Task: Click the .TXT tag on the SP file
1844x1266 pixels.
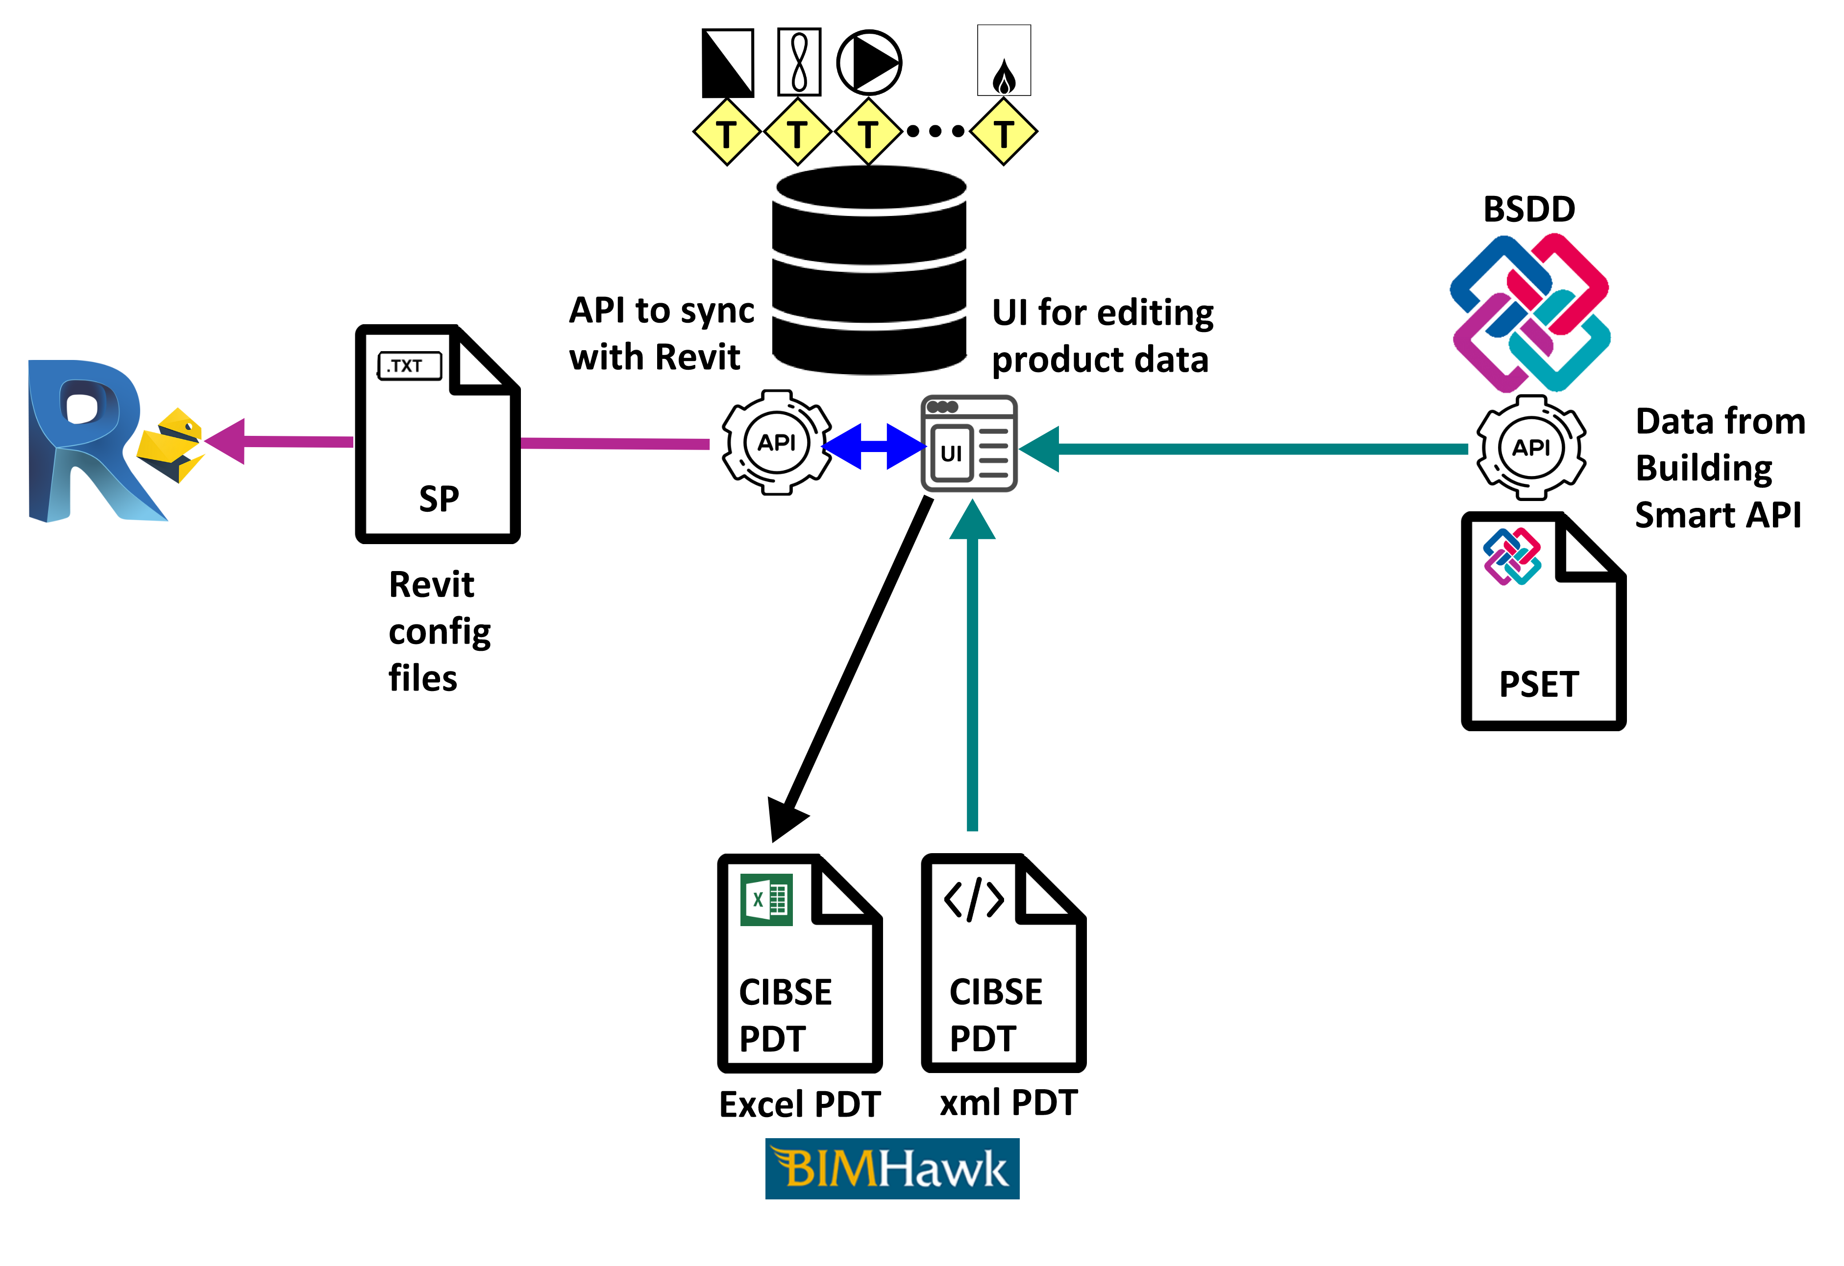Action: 409,366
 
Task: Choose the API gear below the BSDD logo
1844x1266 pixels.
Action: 1530,447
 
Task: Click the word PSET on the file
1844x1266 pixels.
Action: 1539,684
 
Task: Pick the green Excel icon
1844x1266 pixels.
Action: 766,900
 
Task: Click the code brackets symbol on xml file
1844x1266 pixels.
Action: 974,900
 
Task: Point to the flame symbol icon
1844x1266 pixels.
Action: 1004,77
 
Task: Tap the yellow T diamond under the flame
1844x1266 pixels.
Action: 1004,132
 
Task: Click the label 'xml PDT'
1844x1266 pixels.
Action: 1008,1102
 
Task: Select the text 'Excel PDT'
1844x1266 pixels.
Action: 799,1103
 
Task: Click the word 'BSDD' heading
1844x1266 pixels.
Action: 1528,210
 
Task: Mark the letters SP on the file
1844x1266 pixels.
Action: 439,498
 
